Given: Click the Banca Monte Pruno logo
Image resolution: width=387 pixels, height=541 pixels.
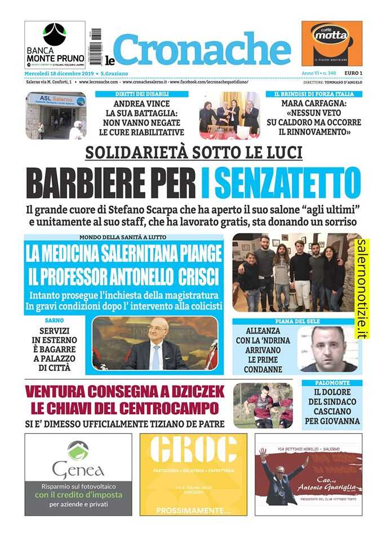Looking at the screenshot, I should [55, 45].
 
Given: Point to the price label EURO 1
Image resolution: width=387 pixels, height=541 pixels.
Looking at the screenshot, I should [353, 74].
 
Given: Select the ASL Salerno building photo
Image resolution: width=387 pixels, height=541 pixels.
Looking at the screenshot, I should [55, 116].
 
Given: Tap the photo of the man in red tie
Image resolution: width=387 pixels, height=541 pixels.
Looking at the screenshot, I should [155, 343].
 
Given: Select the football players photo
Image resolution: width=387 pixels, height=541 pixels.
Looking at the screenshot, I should [263, 405].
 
